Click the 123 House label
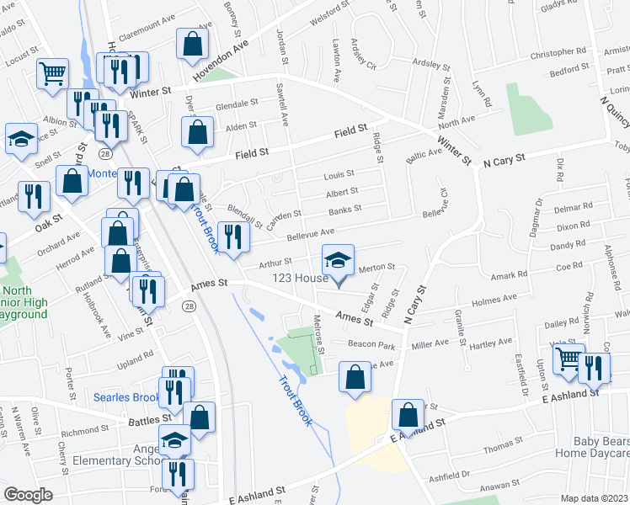point(300,279)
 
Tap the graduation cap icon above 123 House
point(339,258)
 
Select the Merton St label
point(376,268)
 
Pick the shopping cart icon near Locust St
point(52,72)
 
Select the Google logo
point(28,495)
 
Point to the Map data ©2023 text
point(595,497)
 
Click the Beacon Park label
point(375,346)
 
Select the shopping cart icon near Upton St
point(569,359)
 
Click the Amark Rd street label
point(508,274)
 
